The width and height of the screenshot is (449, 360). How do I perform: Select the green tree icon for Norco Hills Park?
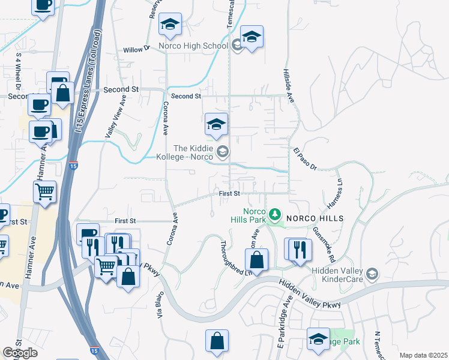(275, 214)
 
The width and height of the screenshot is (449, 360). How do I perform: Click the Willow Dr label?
(136, 50)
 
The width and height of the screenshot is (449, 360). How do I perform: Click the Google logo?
(20, 353)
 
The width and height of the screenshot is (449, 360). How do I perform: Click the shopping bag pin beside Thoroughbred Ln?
(256, 262)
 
